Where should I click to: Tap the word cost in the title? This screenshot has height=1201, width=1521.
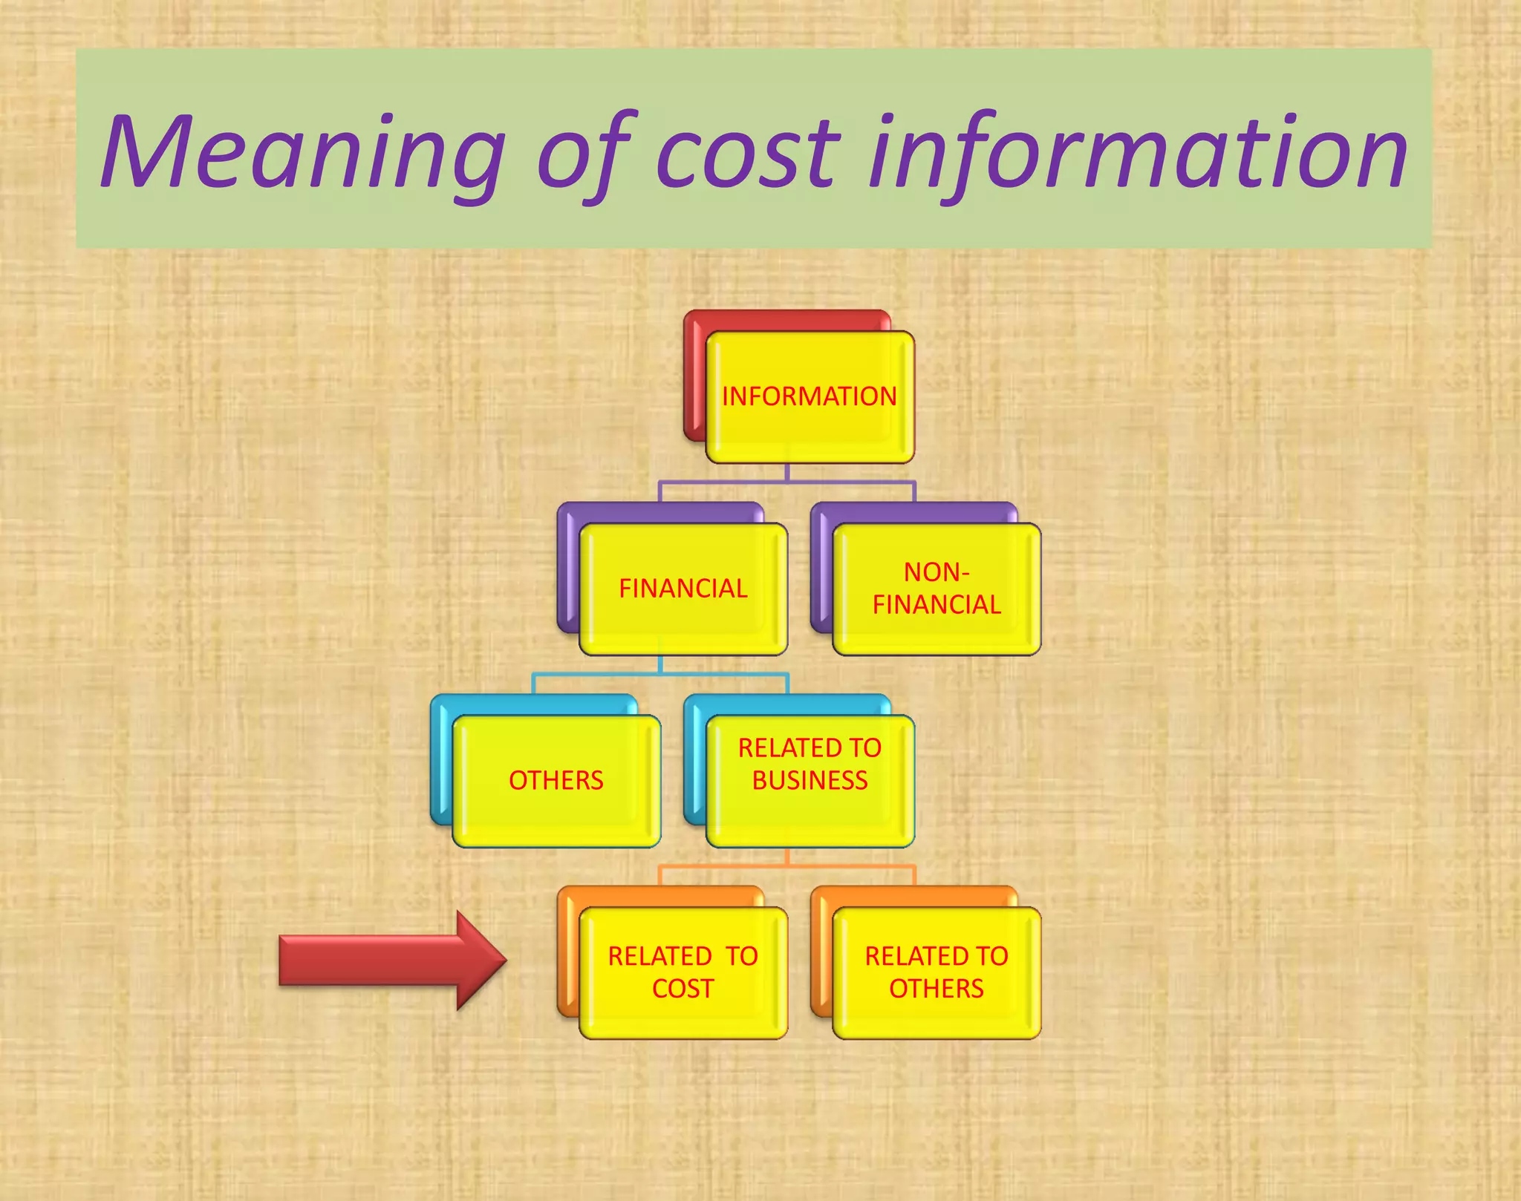pos(747,152)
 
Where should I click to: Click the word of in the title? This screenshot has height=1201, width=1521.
pos(587,152)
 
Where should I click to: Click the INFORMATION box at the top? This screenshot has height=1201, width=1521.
pos(810,397)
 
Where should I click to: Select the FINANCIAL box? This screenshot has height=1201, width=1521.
pos(683,589)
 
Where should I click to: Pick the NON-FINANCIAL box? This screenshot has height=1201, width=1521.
pos(937,589)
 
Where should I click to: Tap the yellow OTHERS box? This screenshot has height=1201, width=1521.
pos(556,781)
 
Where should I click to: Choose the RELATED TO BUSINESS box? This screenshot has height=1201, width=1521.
pos(810,781)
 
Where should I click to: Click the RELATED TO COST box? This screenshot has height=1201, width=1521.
pos(683,972)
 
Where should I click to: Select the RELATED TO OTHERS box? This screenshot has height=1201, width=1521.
pos(937,972)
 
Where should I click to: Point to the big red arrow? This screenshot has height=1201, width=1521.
pos(386,961)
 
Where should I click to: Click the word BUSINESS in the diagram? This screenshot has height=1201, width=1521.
pos(810,781)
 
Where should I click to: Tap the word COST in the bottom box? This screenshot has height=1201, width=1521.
pos(683,989)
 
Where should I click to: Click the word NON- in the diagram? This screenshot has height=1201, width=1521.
pos(937,572)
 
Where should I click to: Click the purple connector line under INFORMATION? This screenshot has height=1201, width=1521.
pos(787,481)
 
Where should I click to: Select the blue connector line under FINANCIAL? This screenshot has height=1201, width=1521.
pos(660,673)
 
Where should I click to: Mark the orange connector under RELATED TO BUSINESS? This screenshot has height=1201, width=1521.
pos(787,865)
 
